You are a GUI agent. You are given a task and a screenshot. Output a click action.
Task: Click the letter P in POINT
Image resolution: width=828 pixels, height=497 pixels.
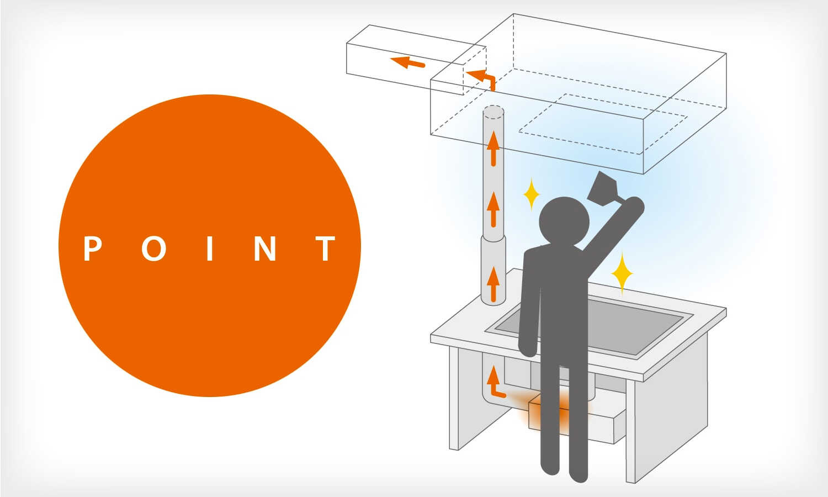pos(92,248)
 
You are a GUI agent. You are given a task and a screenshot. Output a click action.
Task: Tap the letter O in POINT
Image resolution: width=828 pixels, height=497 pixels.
pos(154,248)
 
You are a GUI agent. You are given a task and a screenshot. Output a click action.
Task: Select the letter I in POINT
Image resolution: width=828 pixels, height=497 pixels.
pos(210,248)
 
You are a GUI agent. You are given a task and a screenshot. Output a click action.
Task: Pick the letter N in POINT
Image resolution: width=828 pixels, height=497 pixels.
pos(265,248)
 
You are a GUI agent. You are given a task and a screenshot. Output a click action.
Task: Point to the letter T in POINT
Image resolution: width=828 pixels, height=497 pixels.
pos(325,248)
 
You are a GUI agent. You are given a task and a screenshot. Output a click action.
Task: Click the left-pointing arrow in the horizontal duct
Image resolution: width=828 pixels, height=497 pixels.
pos(407,62)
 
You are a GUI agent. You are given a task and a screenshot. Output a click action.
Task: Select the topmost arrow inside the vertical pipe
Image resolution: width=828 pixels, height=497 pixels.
pos(493,149)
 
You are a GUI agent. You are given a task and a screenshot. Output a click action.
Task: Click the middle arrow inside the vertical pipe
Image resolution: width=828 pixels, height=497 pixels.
pos(493,210)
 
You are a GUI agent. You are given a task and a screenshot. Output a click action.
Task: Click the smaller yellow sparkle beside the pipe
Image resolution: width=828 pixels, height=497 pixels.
pos(532,194)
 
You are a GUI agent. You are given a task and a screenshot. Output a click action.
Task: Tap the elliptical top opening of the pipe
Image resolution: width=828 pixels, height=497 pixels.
pos(493,112)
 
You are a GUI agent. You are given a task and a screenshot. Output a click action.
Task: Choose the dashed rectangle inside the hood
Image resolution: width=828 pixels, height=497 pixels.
pos(603,124)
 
